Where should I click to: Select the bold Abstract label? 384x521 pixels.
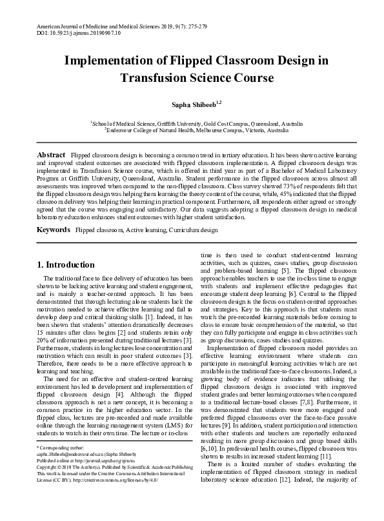point(50,156)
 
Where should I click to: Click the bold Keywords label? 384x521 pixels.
point(53,230)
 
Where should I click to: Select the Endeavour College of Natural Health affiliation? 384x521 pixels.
point(192,130)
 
